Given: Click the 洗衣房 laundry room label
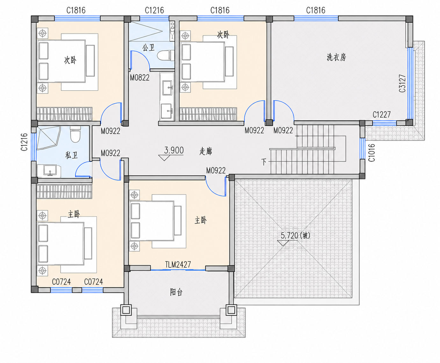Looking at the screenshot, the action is [336, 57].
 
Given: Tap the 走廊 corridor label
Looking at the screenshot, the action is [206, 151].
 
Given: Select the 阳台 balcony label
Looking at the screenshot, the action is [176, 292].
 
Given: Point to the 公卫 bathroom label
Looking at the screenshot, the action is [148, 47].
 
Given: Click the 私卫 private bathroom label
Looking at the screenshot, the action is [71, 155].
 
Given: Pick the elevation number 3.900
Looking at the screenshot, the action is [174, 150].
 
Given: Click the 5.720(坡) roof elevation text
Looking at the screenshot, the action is [296, 236].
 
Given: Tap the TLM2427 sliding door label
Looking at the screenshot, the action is [178, 265].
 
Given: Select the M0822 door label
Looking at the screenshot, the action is [140, 78].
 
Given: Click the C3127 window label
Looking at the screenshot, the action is [402, 83].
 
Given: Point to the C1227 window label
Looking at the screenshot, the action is [382, 115].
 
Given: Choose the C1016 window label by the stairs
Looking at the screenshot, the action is [372, 153].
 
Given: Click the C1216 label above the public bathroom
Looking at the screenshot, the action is [155, 10].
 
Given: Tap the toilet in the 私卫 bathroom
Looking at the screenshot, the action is [75, 134].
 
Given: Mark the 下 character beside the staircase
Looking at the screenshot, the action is [264, 162].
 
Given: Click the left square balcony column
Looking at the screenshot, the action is [126, 310].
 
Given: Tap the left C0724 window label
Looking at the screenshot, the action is [61, 282].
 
